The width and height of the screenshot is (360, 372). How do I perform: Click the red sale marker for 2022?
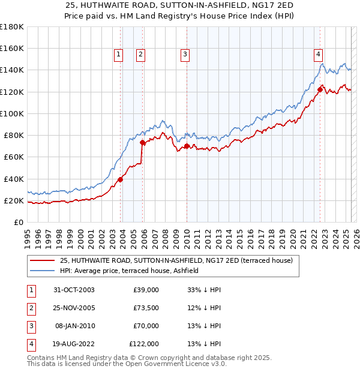click(x=320, y=90)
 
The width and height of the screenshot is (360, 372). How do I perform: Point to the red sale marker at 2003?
click(x=121, y=179)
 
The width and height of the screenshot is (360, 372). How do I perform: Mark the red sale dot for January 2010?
click(x=187, y=146)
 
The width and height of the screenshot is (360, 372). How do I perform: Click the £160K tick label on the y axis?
click(x=11, y=49)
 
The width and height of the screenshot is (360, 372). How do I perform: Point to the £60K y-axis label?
click(x=13, y=157)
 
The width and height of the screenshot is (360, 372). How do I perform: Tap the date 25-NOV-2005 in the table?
click(x=70, y=308)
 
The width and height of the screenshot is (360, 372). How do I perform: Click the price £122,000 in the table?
click(x=144, y=344)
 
